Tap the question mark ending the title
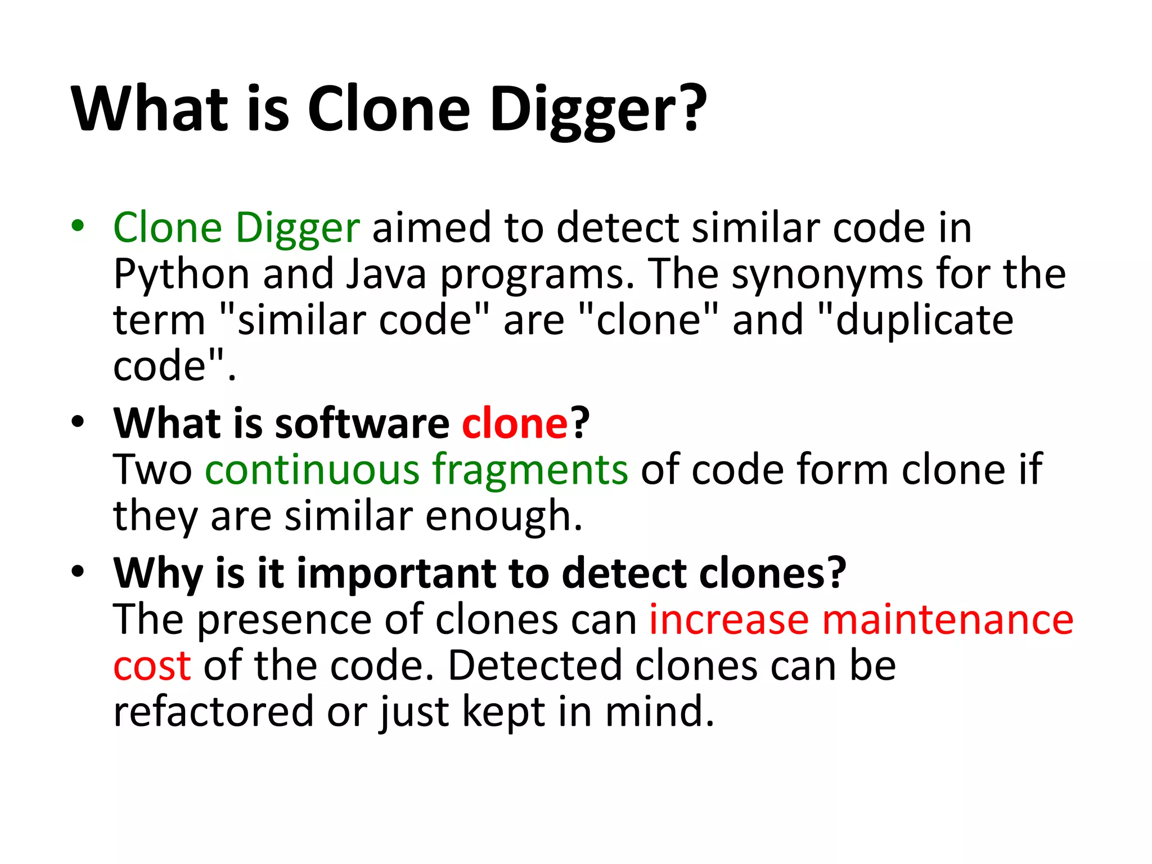(689, 107)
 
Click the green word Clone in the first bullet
(168, 227)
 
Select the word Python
(181, 275)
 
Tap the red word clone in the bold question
(515, 423)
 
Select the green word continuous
(312, 469)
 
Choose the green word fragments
(529, 470)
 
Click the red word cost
(152, 666)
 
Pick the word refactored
(213, 712)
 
